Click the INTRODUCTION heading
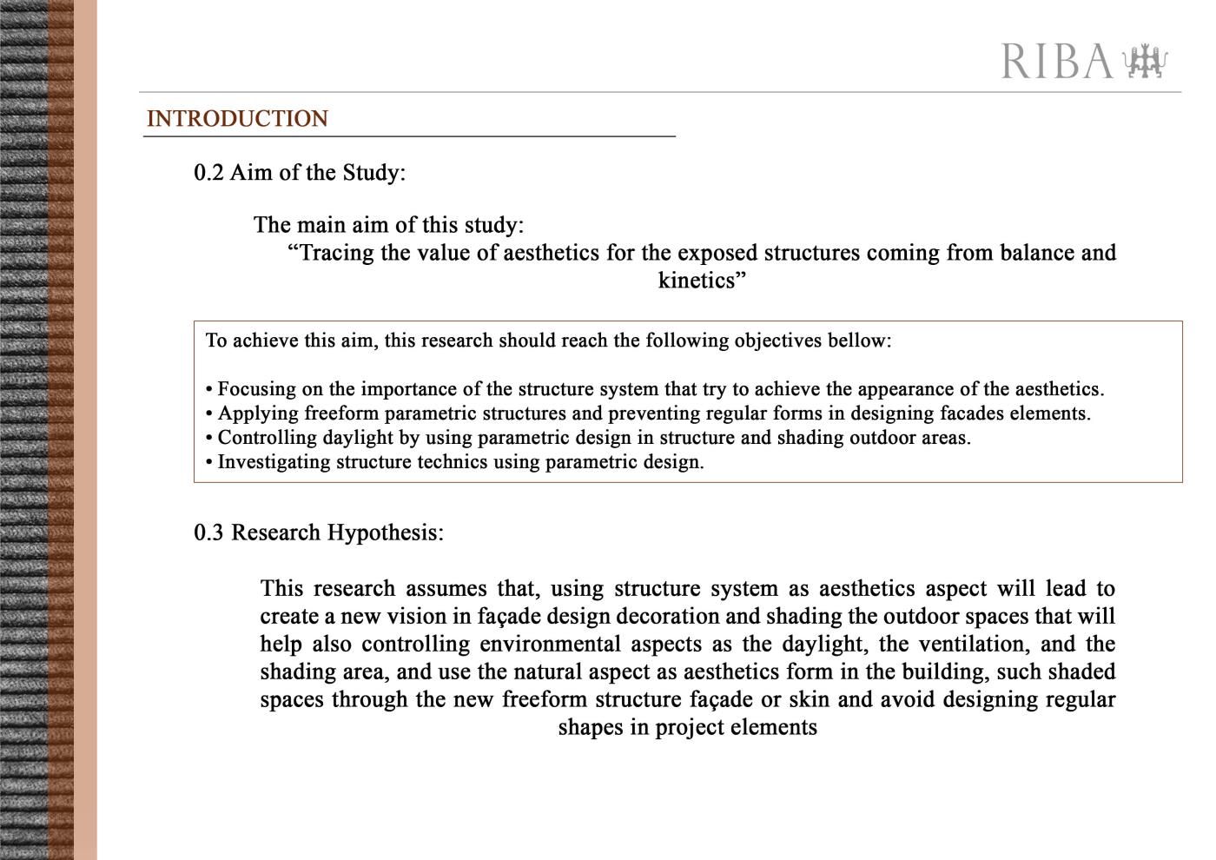[x=237, y=119]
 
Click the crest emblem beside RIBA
[x=1145, y=62]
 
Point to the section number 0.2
[x=208, y=173]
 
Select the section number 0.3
[x=208, y=533]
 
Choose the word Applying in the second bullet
[x=258, y=413]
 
